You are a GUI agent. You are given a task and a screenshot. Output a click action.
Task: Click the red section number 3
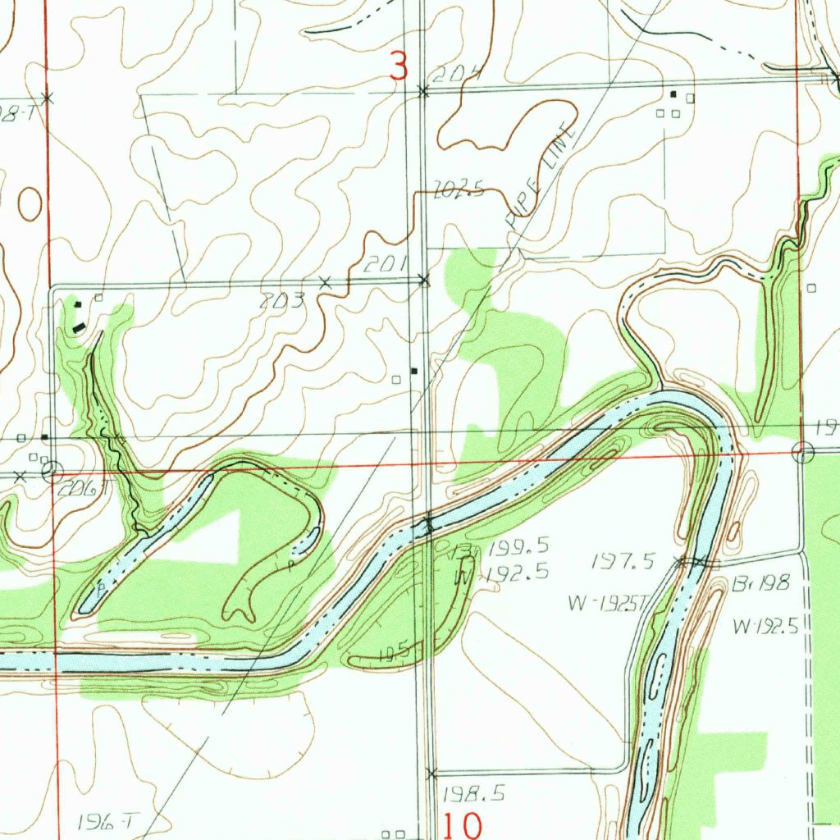point(399,66)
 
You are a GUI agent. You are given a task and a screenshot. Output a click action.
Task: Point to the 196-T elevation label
point(109,820)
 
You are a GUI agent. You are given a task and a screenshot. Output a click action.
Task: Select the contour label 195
point(395,653)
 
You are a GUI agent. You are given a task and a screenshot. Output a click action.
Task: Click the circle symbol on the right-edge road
point(803,452)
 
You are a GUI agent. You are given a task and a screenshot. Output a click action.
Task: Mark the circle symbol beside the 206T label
point(52,471)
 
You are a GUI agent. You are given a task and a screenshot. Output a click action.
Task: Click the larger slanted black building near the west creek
point(80,326)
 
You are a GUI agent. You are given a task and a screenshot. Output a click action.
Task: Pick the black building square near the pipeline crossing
point(414,371)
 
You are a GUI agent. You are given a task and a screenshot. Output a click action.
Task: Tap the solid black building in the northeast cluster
point(673,95)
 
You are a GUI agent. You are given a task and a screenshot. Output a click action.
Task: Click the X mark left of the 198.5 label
point(432,773)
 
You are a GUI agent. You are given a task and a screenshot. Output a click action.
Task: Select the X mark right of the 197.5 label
point(680,562)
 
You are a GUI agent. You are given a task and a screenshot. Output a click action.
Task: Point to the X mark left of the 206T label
point(21,476)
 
